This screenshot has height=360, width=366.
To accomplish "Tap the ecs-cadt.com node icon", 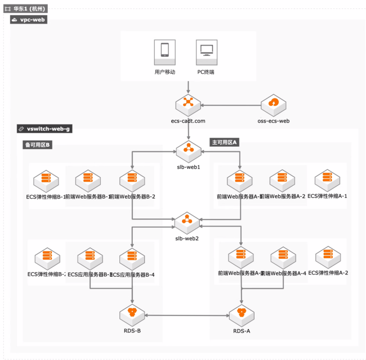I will click(188, 103).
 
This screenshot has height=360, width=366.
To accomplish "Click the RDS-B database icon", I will click(131, 312).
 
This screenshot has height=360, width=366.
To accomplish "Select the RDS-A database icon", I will click(242, 312).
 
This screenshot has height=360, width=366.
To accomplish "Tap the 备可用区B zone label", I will click(37, 145).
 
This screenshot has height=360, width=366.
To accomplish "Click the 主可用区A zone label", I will click(225, 142).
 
